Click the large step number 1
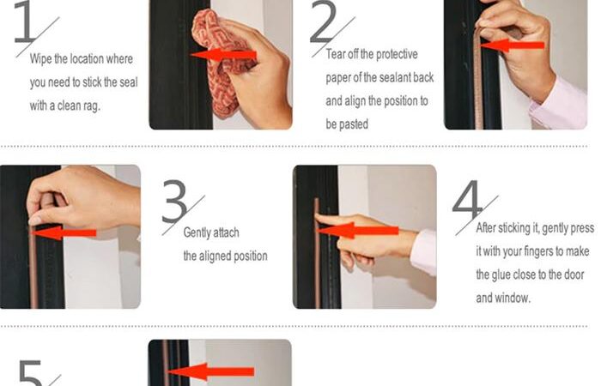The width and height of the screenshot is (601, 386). tap(26, 21)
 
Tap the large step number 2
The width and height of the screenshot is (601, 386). tap(323, 21)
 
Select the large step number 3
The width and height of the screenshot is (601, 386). tap(174, 201)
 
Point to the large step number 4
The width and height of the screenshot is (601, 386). tap(467, 201)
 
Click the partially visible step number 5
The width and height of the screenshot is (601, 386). tap(30, 373)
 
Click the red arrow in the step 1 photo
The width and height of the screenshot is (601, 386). tap(223, 55)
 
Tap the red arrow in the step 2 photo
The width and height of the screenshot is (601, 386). tap(512, 45)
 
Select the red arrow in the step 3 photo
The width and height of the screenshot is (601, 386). tap(64, 232)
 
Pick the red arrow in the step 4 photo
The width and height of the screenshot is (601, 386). tap(358, 231)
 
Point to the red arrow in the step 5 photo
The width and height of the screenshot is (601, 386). tap(211, 371)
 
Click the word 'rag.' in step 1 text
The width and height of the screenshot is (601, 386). tap(90, 106)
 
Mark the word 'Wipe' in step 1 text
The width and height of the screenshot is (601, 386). tap(40, 59)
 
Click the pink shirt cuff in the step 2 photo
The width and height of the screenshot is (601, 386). tap(559, 104)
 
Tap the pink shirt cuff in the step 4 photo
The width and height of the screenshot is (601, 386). tap(423, 253)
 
